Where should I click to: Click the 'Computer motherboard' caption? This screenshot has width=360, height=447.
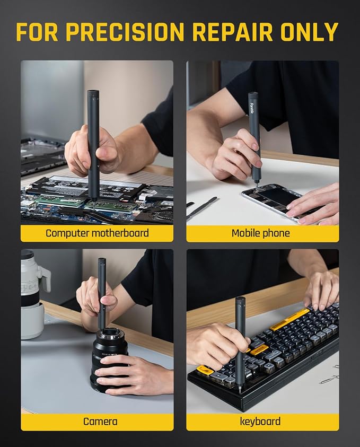97,233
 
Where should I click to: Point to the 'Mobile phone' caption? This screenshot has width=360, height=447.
260,233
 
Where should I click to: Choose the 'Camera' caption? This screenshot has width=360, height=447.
100,422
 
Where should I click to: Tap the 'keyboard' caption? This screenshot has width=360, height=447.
260,422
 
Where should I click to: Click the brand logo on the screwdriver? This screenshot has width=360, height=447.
252,108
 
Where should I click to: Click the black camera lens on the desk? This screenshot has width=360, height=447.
110,359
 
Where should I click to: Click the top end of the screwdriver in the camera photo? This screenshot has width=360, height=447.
102,260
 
